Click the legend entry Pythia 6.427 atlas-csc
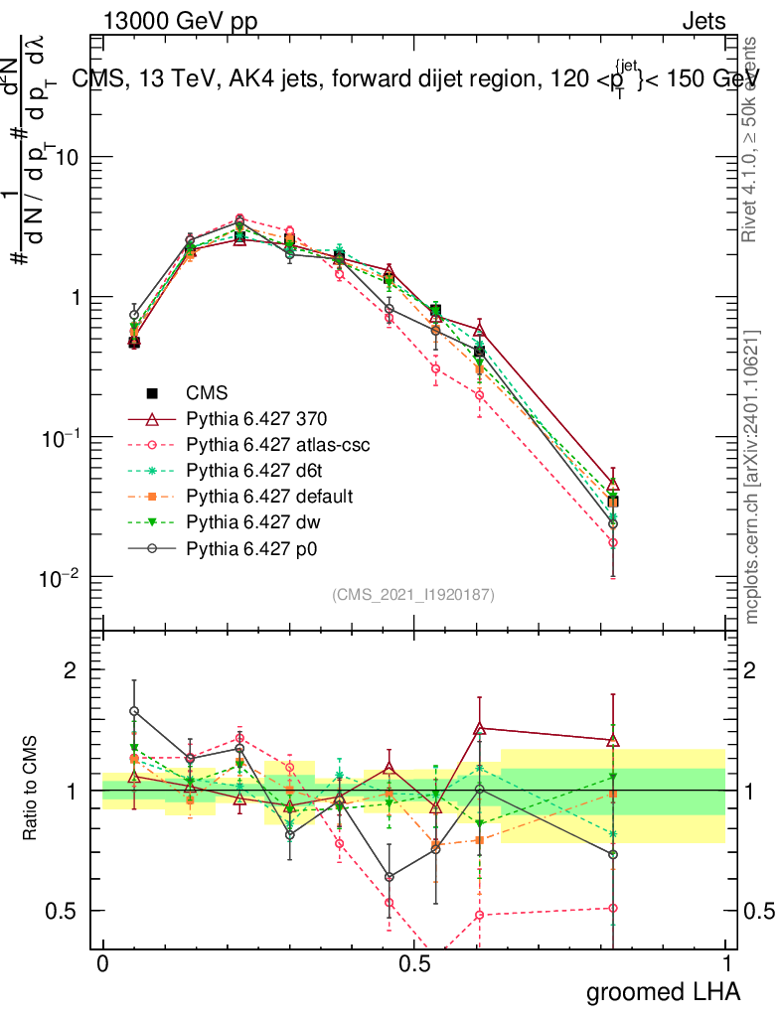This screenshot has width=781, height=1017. [x=270, y=445]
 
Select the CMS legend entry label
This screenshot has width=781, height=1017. [x=208, y=393]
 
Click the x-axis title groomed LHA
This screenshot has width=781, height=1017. [x=664, y=990]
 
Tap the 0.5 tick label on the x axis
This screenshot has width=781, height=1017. [x=414, y=964]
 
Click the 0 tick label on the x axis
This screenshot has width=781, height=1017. [x=102, y=964]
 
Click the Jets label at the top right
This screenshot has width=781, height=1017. [x=703, y=21]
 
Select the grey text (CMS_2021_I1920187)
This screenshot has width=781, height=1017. [x=413, y=594]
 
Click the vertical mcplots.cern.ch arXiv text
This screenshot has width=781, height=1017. [x=752, y=477]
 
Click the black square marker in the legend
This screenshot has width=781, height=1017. [x=153, y=393]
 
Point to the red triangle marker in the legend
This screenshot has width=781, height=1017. [x=153, y=419]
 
